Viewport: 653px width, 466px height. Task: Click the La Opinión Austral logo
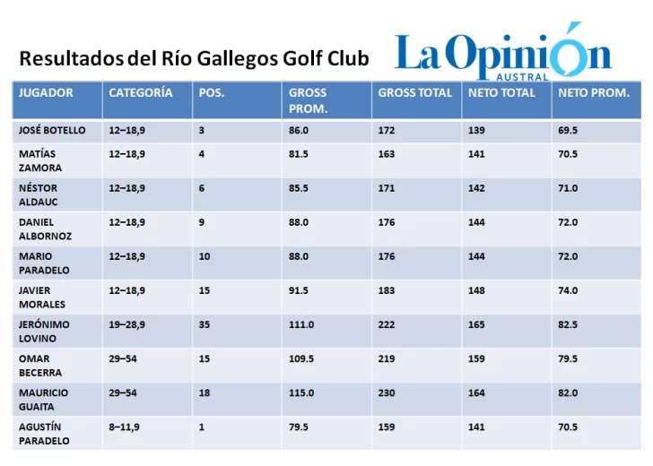point(502,54)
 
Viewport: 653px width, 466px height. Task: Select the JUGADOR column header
point(46,92)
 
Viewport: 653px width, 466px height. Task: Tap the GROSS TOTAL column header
point(414,92)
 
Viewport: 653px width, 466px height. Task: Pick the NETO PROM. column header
point(593,92)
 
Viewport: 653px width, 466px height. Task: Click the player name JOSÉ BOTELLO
point(52,130)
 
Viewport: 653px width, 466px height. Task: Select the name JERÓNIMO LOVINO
point(44,331)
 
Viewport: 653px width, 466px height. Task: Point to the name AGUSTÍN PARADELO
point(44,433)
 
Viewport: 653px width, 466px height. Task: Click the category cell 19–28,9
point(126,324)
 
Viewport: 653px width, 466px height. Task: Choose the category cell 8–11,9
point(124,427)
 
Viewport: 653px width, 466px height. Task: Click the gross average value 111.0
point(301,324)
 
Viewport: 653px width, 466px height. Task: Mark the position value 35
point(205,324)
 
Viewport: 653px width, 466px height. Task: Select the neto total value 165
point(476,324)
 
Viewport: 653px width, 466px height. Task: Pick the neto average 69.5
point(568,130)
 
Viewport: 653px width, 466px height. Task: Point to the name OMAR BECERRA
point(40,365)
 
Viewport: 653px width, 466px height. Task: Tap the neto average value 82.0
point(568,393)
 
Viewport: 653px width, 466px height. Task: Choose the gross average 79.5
point(299,427)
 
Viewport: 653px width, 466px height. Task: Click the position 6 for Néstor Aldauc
point(202,188)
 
